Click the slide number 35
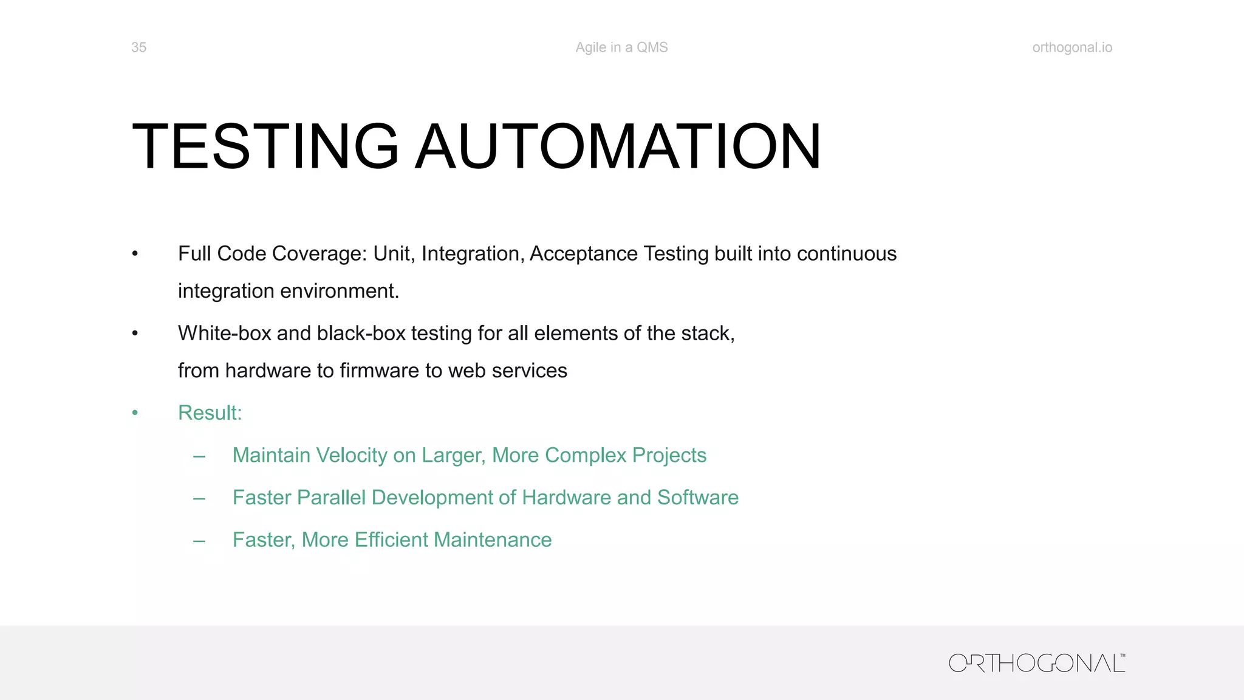[138, 47]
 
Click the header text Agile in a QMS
[621, 47]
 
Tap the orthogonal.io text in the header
[1072, 47]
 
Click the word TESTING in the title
[265, 146]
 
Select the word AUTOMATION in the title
[618, 146]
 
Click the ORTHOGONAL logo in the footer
[1037, 663]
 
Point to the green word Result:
[210, 413]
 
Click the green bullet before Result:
[135, 413]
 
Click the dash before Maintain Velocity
[199, 456]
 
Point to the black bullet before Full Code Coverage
[135, 254]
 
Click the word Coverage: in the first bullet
[320, 254]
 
